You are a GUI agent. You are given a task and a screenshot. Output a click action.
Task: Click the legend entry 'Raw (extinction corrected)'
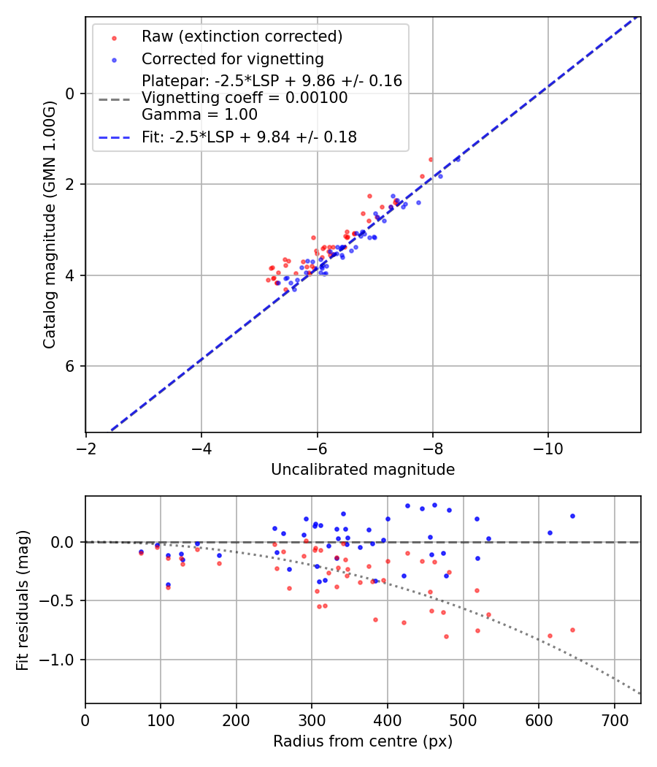point(242,36)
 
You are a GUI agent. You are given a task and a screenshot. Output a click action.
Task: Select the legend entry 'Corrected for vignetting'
point(232,58)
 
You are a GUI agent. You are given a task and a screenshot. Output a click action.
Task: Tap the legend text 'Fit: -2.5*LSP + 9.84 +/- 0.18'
point(249,137)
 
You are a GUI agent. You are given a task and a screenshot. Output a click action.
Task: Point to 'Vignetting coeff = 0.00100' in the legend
point(245,98)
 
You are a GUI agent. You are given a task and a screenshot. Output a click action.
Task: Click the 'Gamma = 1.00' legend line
point(199,115)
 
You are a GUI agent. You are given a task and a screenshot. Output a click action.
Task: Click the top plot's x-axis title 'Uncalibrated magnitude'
point(363,470)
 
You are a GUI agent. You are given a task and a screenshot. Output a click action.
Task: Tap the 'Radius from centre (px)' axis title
point(363,741)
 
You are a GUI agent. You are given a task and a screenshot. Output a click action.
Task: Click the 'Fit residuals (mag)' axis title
point(23,600)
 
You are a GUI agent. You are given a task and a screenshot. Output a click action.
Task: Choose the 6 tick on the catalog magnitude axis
point(70,366)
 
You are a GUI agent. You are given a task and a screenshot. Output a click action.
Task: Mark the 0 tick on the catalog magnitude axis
point(70,94)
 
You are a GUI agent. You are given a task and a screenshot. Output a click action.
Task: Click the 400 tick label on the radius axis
point(388,720)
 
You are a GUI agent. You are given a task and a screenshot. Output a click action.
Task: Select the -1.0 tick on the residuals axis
point(61,660)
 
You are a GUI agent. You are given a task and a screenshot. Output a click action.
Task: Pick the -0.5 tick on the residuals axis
point(61,600)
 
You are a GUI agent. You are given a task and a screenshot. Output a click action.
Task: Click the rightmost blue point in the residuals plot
point(572,516)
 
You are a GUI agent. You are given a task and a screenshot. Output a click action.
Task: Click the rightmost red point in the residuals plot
point(572,630)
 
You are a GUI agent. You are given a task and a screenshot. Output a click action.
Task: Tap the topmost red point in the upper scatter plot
point(431,159)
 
